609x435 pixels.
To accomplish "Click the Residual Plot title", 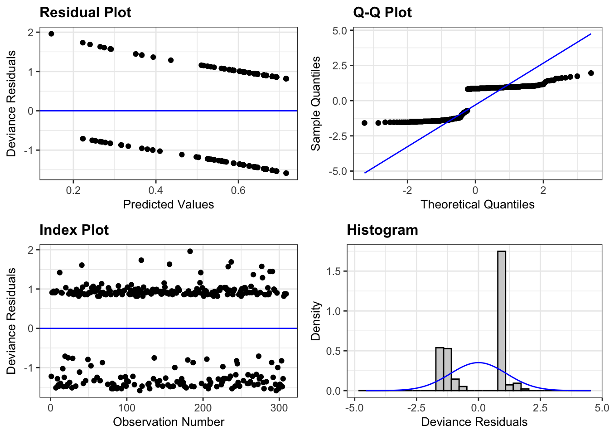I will point(85,12).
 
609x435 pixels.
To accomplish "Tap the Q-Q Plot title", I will point(382,12).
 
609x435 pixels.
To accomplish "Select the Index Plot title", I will point(74,230).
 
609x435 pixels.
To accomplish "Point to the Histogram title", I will point(382,230).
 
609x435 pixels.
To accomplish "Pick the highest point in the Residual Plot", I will point(51,34).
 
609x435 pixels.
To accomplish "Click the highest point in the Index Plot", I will point(190,251).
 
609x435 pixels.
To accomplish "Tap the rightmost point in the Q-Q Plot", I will point(591,73).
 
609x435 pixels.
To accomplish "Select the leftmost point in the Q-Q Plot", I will point(364,123).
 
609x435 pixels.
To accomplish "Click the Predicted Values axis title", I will point(168,204).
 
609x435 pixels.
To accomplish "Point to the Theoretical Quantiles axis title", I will point(477,204).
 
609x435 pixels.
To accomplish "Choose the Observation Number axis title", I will point(168,422).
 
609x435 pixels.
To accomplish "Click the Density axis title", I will point(315,321).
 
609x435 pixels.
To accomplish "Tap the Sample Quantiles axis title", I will point(315,104).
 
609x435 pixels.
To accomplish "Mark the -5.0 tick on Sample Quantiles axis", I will point(339,171).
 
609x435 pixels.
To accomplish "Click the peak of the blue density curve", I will point(478,362).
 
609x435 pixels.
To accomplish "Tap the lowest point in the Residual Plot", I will point(286,173).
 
